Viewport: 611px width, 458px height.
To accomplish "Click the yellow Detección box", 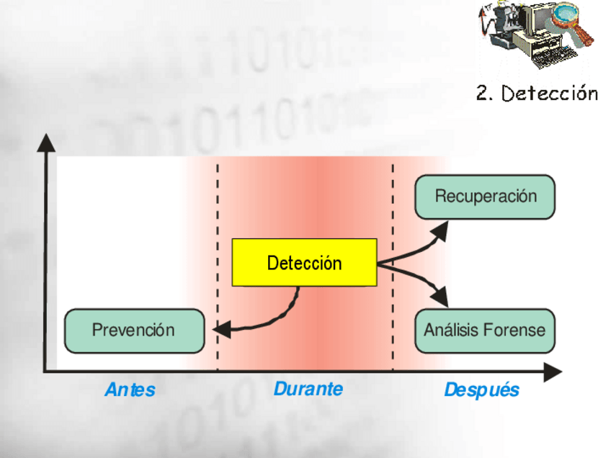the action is pyautogui.click(x=304, y=263).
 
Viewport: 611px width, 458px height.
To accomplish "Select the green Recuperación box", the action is pyautogui.click(x=485, y=197).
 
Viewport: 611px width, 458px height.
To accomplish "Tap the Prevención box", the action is pyautogui.click(x=134, y=331).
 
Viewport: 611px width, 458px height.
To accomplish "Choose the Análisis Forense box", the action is pyautogui.click(x=485, y=331).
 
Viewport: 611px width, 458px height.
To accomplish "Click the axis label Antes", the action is pyautogui.click(x=130, y=390).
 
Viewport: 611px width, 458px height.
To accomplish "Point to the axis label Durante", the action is pyautogui.click(x=308, y=389).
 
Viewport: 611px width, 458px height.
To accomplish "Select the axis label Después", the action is pyautogui.click(x=481, y=390).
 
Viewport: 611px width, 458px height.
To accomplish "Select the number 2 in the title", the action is pyautogui.click(x=482, y=94).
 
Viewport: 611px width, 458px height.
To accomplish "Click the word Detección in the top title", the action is pyautogui.click(x=550, y=93).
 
